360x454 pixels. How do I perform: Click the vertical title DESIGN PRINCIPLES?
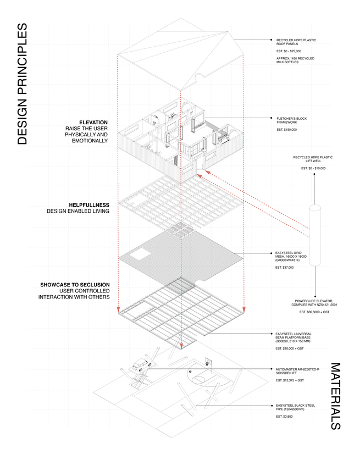22,84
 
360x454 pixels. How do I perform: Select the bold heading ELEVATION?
93,123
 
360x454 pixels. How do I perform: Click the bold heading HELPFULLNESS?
88,205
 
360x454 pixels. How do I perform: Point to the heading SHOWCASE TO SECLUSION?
74,285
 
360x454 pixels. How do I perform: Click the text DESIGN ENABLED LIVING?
79,211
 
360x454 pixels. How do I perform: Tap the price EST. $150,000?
286,130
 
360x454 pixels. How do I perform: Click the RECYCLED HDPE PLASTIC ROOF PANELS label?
296,42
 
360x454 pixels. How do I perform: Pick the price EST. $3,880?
285,416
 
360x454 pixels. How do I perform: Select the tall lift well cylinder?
315,235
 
